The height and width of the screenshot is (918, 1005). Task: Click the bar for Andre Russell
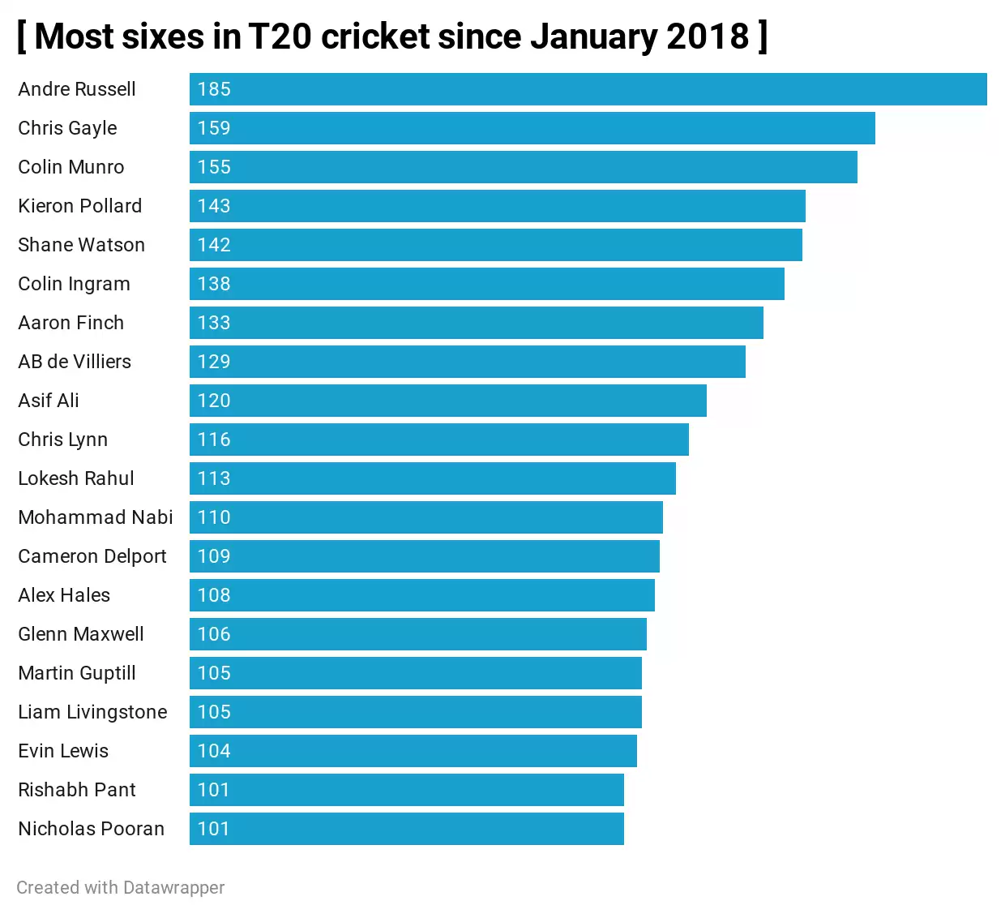click(x=588, y=89)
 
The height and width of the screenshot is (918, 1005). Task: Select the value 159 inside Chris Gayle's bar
click(x=214, y=128)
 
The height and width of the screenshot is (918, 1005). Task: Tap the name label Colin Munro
click(x=71, y=167)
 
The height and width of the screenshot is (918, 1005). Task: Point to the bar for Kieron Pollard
click(x=497, y=206)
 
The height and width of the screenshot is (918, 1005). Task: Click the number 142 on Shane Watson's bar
click(x=214, y=245)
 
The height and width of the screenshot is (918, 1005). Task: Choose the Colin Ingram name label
click(x=74, y=284)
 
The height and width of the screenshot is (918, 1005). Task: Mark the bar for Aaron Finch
click(x=476, y=323)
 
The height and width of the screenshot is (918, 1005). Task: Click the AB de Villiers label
click(x=75, y=362)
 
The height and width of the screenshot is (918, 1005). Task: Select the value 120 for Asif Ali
click(x=214, y=401)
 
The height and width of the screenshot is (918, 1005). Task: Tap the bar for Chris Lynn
click(x=438, y=440)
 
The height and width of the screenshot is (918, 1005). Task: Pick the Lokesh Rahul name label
click(x=76, y=478)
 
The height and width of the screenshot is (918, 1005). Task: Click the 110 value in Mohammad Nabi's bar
click(x=214, y=517)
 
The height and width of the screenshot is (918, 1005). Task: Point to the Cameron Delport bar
click(x=424, y=556)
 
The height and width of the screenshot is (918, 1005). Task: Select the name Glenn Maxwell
click(x=81, y=634)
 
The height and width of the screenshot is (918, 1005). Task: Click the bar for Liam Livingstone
click(x=415, y=712)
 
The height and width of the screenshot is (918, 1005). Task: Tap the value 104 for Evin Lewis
click(x=214, y=751)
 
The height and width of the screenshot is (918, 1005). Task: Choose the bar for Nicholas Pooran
click(x=406, y=829)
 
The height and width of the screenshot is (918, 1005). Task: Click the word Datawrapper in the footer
click(x=173, y=887)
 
